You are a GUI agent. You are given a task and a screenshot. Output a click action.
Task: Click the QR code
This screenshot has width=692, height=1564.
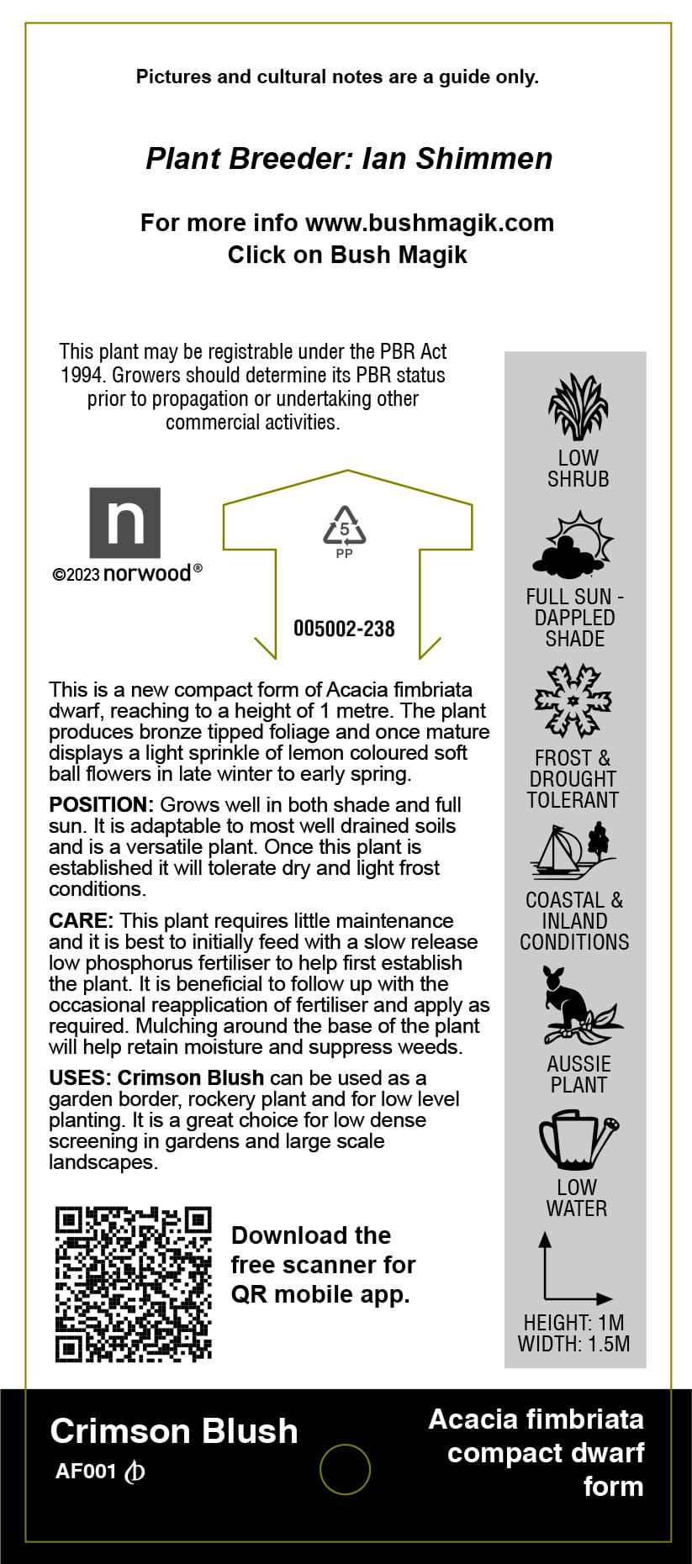(133, 1284)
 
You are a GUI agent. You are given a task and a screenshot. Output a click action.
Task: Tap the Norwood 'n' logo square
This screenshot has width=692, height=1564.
(125, 523)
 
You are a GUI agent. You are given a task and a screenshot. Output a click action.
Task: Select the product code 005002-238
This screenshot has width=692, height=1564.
(344, 629)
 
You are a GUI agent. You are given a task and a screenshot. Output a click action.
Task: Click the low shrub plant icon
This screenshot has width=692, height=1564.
(578, 408)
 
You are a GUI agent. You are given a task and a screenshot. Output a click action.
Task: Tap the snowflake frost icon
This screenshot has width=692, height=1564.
(573, 700)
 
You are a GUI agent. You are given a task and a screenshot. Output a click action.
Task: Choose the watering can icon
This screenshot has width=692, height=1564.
(578, 1140)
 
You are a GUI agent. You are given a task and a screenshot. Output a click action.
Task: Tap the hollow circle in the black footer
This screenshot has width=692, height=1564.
(345, 1470)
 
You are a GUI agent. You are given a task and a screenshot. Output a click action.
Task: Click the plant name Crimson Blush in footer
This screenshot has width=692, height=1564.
(174, 1431)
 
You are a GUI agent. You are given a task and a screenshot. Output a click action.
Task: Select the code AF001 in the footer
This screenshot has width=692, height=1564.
(86, 1472)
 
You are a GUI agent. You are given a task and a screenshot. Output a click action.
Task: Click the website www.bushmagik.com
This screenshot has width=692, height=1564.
(430, 223)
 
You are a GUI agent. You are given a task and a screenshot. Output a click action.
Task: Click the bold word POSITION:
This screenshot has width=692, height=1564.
(101, 804)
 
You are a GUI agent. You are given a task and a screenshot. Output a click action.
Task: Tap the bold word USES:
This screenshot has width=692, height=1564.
(81, 1077)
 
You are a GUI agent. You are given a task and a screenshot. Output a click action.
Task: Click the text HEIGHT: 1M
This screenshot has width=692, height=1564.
(573, 1323)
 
